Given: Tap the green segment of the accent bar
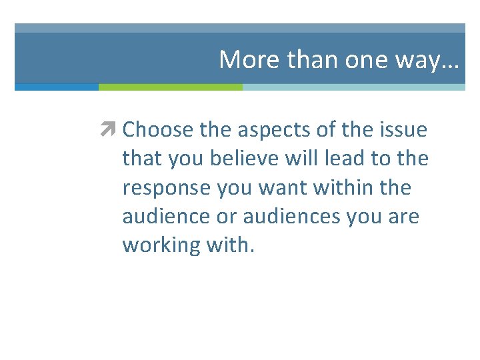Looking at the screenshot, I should [171, 87].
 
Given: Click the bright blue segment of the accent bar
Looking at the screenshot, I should [57, 87].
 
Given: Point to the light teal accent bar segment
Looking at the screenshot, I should [353, 87].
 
